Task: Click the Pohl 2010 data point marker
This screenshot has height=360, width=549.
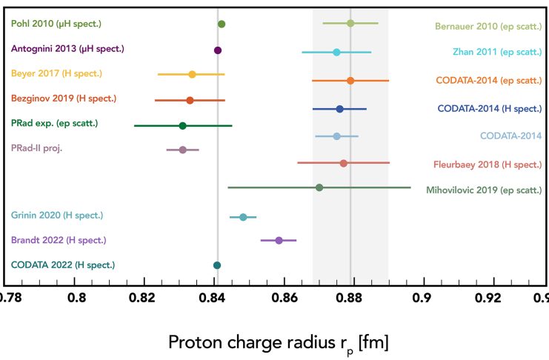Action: coord(221,24)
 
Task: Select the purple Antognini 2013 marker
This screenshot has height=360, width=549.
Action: coord(218,50)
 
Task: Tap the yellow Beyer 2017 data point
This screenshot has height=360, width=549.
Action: coord(192,74)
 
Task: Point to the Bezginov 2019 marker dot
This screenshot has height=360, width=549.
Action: coord(190,100)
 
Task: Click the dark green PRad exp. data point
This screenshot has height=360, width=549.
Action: coord(182,125)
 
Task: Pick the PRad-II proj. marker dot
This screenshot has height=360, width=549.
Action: coord(183,150)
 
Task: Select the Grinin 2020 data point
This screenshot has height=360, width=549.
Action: coord(243,217)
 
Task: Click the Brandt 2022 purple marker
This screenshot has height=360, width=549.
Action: coord(279,241)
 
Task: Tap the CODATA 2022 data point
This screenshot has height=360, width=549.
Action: coord(217,265)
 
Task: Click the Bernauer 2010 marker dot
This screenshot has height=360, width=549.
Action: coord(350,23)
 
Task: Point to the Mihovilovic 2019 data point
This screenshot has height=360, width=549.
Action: coord(319,187)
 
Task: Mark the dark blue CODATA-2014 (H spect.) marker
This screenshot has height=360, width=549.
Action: coord(339,109)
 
